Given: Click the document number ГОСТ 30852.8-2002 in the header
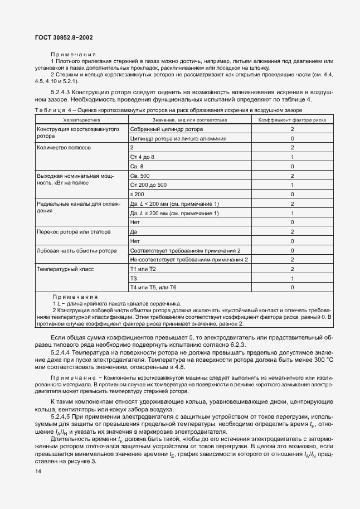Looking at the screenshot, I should pyautogui.click(x=64, y=38).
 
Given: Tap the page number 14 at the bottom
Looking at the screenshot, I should pyautogui.click(x=38, y=471).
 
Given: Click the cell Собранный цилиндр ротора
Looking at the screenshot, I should pyautogui.click(x=159, y=129).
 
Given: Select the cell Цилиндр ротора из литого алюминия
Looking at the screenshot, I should pyautogui.click(x=178, y=138).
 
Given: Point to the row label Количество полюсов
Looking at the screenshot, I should pyautogui.click(x=64, y=148).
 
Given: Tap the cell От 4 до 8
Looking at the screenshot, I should pyautogui.click(x=142, y=157).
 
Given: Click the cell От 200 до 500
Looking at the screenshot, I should pyautogui.click(x=148, y=185).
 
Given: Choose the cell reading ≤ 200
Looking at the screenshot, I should pyautogui.click(x=137, y=194).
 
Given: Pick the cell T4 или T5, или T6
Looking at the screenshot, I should pyautogui.click(x=153, y=287).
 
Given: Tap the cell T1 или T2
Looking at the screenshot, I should pyautogui.click(x=143, y=269).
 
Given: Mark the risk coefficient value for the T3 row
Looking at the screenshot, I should pyautogui.click(x=292, y=278).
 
